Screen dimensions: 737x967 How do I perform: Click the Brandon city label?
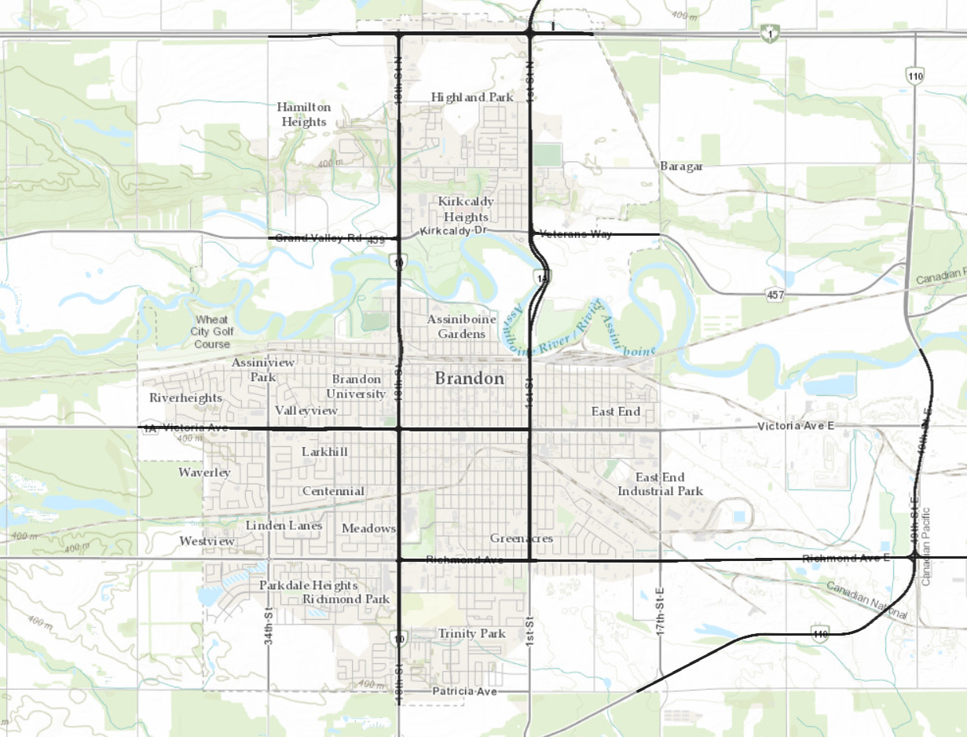tap(470, 379)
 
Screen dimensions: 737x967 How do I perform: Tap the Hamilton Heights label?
tap(304, 115)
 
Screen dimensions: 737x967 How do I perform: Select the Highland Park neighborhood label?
tap(472, 97)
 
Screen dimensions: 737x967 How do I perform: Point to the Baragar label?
tap(681, 166)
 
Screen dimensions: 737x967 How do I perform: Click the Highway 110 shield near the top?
tap(915, 76)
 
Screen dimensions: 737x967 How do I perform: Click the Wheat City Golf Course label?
tap(212, 332)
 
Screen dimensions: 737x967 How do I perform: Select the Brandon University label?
tap(357, 387)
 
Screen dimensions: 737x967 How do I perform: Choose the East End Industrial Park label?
tap(660, 484)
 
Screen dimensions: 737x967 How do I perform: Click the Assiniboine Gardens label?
tap(456, 327)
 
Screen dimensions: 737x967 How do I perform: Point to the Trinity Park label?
tap(471, 633)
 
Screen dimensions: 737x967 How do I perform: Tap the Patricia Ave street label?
tap(464, 691)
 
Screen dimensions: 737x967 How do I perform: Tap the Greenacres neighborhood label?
tap(522, 538)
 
